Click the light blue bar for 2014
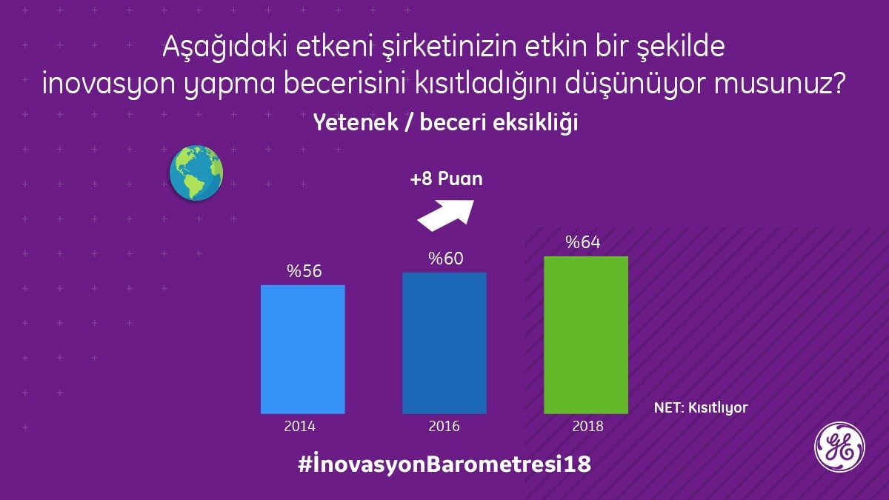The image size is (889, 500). [302, 349]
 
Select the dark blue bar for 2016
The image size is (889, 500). [444, 343]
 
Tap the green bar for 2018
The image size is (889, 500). [585, 335]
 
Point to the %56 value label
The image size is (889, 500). [304, 272]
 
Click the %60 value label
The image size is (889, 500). [445, 259]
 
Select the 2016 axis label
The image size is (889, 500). [444, 426]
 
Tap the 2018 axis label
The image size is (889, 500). [587, 426]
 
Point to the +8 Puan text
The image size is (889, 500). [447, 179]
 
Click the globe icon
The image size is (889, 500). [196, 173]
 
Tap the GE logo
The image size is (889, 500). [839, 447]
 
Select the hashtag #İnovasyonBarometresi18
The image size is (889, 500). [444, 466]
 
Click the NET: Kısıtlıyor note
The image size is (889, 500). [701, 407]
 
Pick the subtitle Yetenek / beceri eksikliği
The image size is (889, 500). [445, 122]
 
